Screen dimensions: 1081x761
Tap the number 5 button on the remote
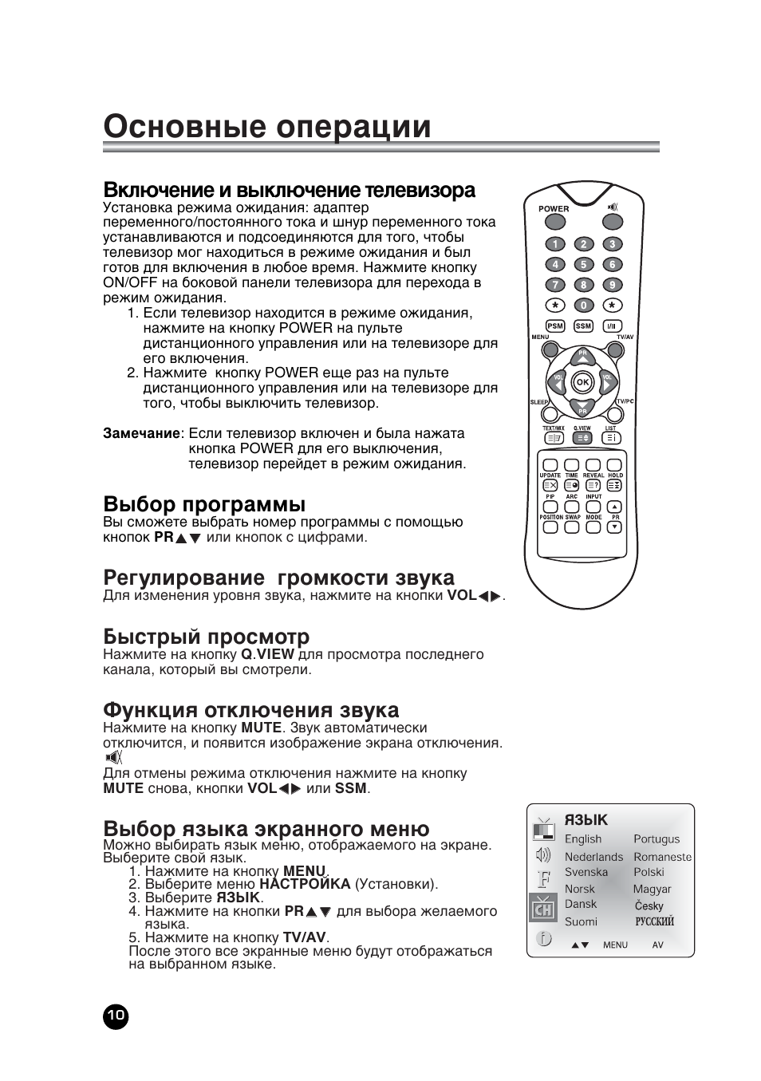tap(583, 265)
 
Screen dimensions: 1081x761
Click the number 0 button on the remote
tap(583, 306)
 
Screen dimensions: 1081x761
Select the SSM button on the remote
tap(583, 325)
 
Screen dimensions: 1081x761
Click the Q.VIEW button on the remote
tap(582, 437)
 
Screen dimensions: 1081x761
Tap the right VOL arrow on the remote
tap(608, 384)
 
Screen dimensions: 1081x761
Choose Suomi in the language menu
tap(581, 921)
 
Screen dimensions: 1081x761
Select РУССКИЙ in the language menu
tap(654, 921)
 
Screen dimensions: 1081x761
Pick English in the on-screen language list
tap(583, 839)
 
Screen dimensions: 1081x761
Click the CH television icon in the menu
tap(543, 908)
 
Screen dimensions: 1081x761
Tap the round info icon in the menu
tap(543, 939)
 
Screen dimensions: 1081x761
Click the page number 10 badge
tap(116, 1016)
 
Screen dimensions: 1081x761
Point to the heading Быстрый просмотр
tap(206, 637)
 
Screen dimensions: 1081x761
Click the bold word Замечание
tap(142, 434)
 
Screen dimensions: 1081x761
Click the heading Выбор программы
tap(204, 504)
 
